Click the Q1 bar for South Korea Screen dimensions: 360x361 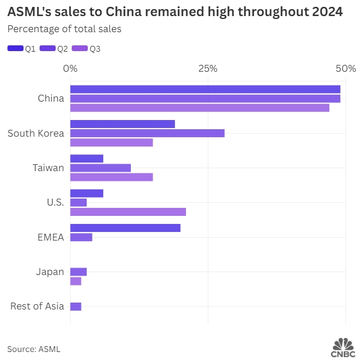122,124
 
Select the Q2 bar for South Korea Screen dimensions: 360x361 147,133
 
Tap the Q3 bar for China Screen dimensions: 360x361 200,107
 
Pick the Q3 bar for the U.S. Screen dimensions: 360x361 128,211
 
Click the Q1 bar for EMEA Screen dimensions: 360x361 125,228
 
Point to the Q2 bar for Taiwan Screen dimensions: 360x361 100,168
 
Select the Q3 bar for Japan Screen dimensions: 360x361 76,281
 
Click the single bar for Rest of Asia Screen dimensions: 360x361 76,307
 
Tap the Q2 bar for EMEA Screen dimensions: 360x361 81,237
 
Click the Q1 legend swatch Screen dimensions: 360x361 15,49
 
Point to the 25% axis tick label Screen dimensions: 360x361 208,68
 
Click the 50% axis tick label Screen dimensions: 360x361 346,68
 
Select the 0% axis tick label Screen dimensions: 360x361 70,68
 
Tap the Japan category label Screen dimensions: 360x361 49,272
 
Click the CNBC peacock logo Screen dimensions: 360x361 343,345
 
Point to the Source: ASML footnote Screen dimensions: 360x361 33,349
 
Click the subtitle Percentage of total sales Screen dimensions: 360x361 64,29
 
